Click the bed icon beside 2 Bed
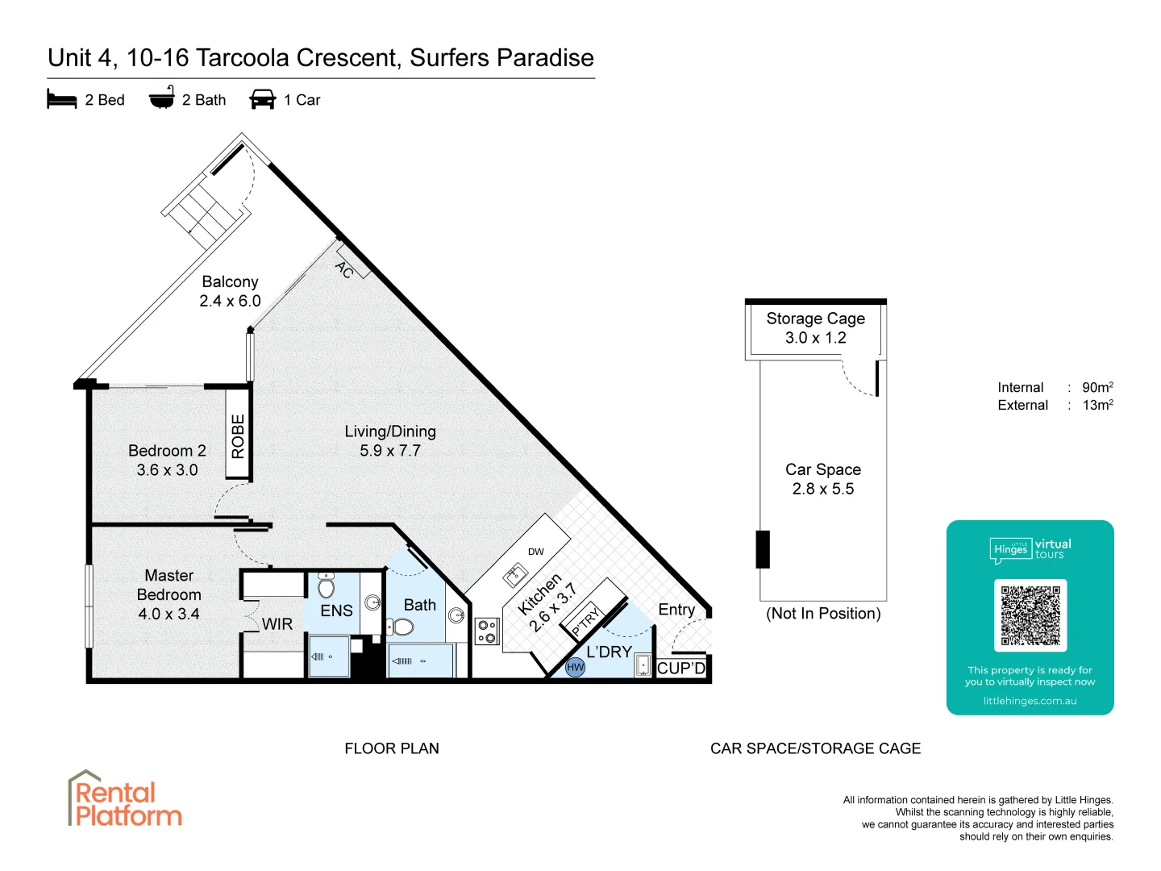pos(62,99)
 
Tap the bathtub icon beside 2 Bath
pos(162,98)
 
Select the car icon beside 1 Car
pos(263,99)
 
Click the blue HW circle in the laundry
pos(575,667)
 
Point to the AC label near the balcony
pos(345,269)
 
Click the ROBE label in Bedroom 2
pos(238,436)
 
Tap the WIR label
pos(277,624)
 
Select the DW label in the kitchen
pos(535,552)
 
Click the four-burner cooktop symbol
pos(486,631)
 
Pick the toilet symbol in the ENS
pos(326,586)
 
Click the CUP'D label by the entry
pos(681,668)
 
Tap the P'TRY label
pos(586,621)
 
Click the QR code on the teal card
pos(1030,615)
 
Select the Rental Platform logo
pos(124,799)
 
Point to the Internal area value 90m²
pos(1097,387)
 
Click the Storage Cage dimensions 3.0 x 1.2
pos(815,338)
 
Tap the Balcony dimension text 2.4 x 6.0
pos(230,301)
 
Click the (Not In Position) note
pos(823,614)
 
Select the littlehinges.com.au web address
pos(1030,701)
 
